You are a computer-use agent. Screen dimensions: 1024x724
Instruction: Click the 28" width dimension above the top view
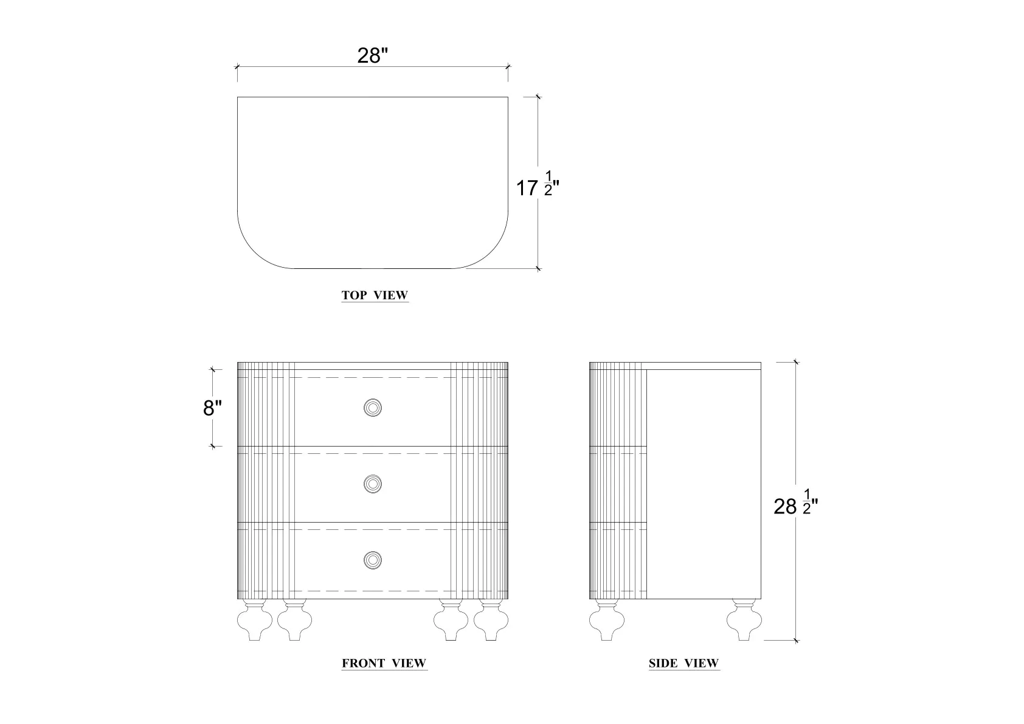372,56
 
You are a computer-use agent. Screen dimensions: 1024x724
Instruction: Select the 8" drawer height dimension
212,408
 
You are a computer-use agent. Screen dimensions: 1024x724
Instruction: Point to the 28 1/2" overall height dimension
795,505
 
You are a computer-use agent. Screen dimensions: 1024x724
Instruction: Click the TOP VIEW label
375,296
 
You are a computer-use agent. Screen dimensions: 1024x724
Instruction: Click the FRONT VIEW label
384,663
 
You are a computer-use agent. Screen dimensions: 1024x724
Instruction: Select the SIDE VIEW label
684,663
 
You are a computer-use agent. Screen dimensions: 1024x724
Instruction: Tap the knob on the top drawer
373,408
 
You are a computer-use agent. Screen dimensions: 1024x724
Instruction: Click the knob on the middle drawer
373,484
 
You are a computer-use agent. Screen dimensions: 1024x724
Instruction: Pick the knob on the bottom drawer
373,560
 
